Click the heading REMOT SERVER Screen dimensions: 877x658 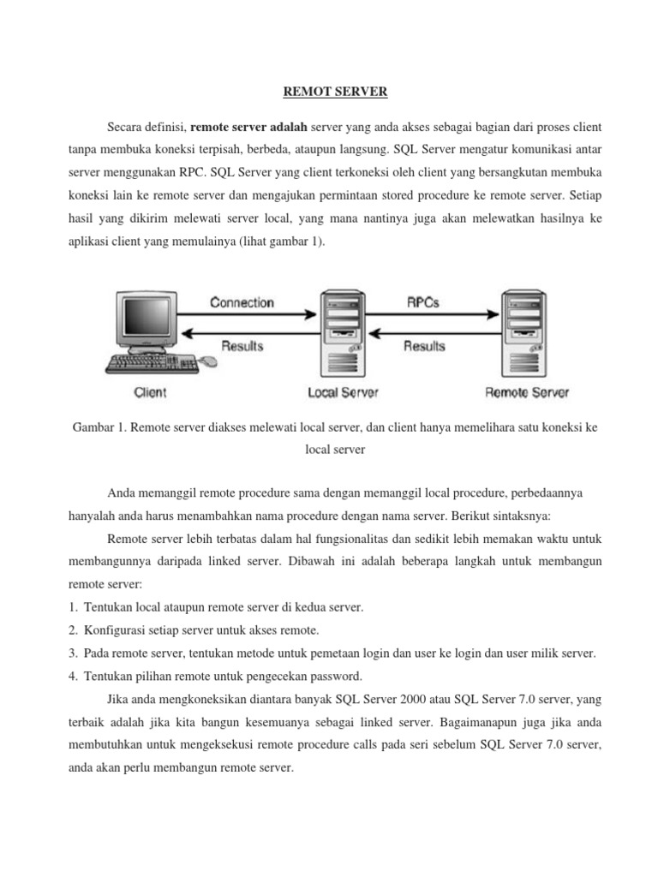pos(329,91)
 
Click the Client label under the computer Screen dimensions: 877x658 pos(151,393)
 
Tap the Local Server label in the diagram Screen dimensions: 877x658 pos(343,393)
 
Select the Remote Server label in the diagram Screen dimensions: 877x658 pos(527,393)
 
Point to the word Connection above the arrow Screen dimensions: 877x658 pos(242,302)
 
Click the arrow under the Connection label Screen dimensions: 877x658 pos(248,317)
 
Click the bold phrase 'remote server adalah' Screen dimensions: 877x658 pos(248,127)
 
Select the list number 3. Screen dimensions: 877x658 pos(73,653)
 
